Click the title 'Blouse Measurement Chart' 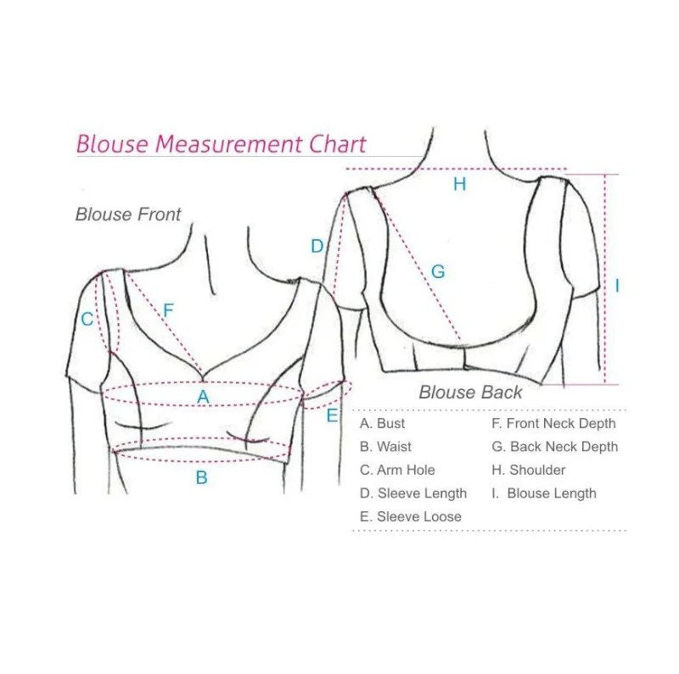pos(221,144)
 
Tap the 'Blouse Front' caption pos(128,214)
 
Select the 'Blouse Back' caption pos(470,393)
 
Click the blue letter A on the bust pos(203,397)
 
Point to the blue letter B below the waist pos(202,477)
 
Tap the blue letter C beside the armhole pos(87,320)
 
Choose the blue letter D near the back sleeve pos(317,247)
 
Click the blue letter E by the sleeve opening pos(332,415)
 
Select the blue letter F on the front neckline pos(168,310)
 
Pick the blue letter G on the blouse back pos(438,272)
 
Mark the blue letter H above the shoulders pos(459,184)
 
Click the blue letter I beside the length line pos(617,287)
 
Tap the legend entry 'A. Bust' pos(383,423)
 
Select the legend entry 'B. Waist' pos(386,447)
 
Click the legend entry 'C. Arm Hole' pos(397,470)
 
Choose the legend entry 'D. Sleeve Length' pos(413,493)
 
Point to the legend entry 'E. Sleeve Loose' pos(411,516)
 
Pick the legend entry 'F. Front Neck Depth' pos(553,423)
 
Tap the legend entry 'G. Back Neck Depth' pos(554,447)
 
